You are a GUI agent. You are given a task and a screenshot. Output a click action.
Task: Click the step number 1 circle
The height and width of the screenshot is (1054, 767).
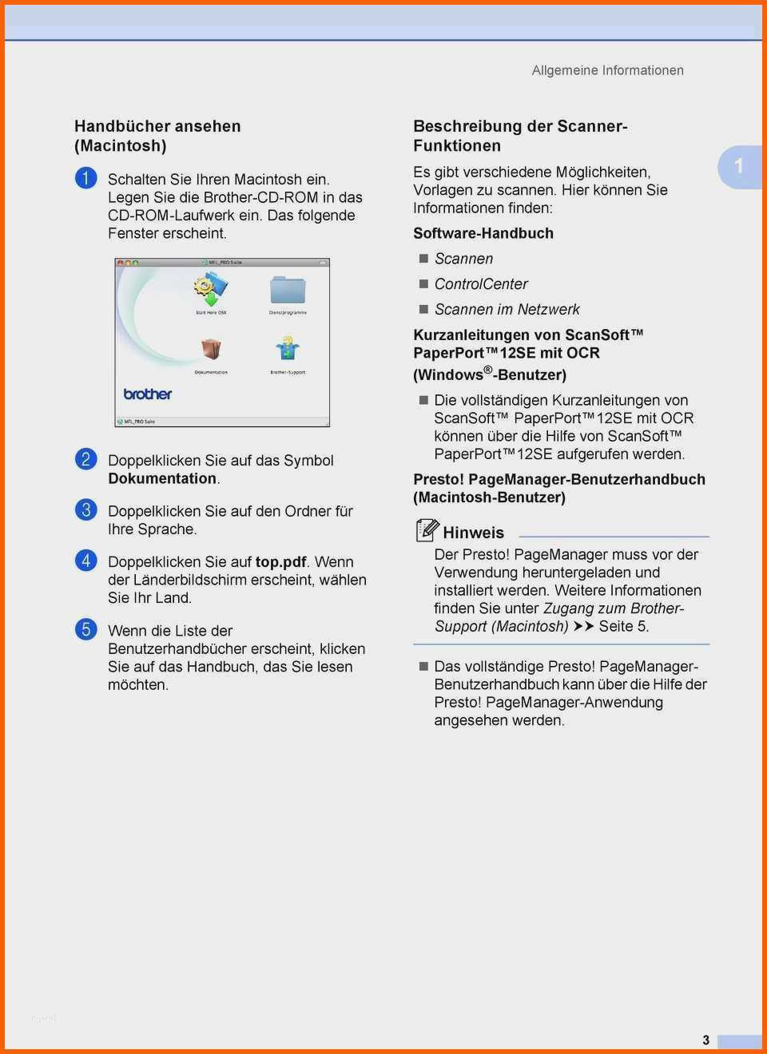(85, 178)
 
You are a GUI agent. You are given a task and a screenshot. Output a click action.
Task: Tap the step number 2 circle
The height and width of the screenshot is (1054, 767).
(85, 459)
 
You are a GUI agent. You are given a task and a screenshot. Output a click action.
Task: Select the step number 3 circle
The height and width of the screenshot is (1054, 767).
(85, 509)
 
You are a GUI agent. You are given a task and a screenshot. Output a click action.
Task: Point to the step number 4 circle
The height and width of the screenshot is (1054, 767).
(85, 561)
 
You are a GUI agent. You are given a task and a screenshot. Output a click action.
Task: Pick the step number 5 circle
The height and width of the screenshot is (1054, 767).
(85, 629)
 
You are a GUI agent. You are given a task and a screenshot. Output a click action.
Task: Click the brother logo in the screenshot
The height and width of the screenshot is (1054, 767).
(148, 394)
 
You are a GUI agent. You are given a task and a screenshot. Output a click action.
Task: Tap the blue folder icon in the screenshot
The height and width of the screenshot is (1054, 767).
(288, 290)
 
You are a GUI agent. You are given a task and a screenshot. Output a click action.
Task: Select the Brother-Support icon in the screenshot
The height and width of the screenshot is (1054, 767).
(288, 349)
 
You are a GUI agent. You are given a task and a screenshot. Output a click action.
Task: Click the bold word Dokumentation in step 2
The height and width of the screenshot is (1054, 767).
(162, 478)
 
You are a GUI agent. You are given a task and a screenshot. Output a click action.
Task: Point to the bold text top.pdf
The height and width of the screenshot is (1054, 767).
(280, 562)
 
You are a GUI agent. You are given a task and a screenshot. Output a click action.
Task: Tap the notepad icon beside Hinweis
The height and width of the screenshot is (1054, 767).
(427, 530)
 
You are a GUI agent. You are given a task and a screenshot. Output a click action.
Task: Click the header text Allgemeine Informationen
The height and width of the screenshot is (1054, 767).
(607, 70)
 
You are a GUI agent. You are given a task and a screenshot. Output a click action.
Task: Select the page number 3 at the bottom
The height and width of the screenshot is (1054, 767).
(705, 1040)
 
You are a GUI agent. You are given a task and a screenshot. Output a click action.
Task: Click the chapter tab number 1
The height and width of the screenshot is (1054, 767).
(739, 166)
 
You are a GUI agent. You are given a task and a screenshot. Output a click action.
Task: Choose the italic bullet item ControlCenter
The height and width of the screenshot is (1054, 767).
(481, 284)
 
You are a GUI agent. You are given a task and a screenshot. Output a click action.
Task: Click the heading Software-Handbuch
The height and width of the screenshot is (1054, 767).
(483, 233)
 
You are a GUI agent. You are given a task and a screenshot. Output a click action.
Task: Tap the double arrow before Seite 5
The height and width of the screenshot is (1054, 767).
(584, 627)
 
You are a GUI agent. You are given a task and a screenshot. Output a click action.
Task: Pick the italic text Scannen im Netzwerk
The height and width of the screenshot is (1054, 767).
(507, 310)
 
